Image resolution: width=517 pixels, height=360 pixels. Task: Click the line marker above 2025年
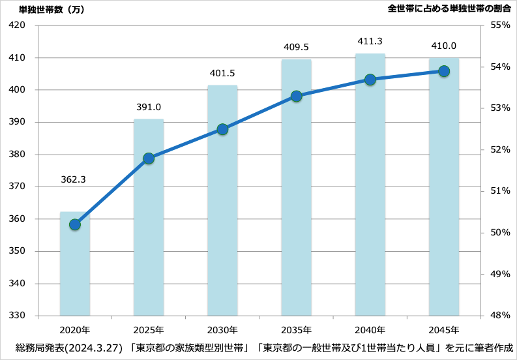coord(149,158)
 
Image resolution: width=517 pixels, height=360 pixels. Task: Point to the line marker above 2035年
coord(296,96)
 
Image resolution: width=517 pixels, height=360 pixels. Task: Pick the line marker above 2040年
coord(370,80)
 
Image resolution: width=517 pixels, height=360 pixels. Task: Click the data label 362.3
coord(73,179)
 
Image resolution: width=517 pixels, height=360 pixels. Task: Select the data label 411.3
coord(370,41)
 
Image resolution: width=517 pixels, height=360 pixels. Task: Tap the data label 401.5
coord(222,73)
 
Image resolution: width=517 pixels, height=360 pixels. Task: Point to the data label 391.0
coord(148,108)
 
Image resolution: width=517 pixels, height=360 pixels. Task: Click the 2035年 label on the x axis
coord(296,329)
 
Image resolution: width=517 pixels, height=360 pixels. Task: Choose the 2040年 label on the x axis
coord(370,329)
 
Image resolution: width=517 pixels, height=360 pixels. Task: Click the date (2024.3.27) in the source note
coord(96,348)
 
